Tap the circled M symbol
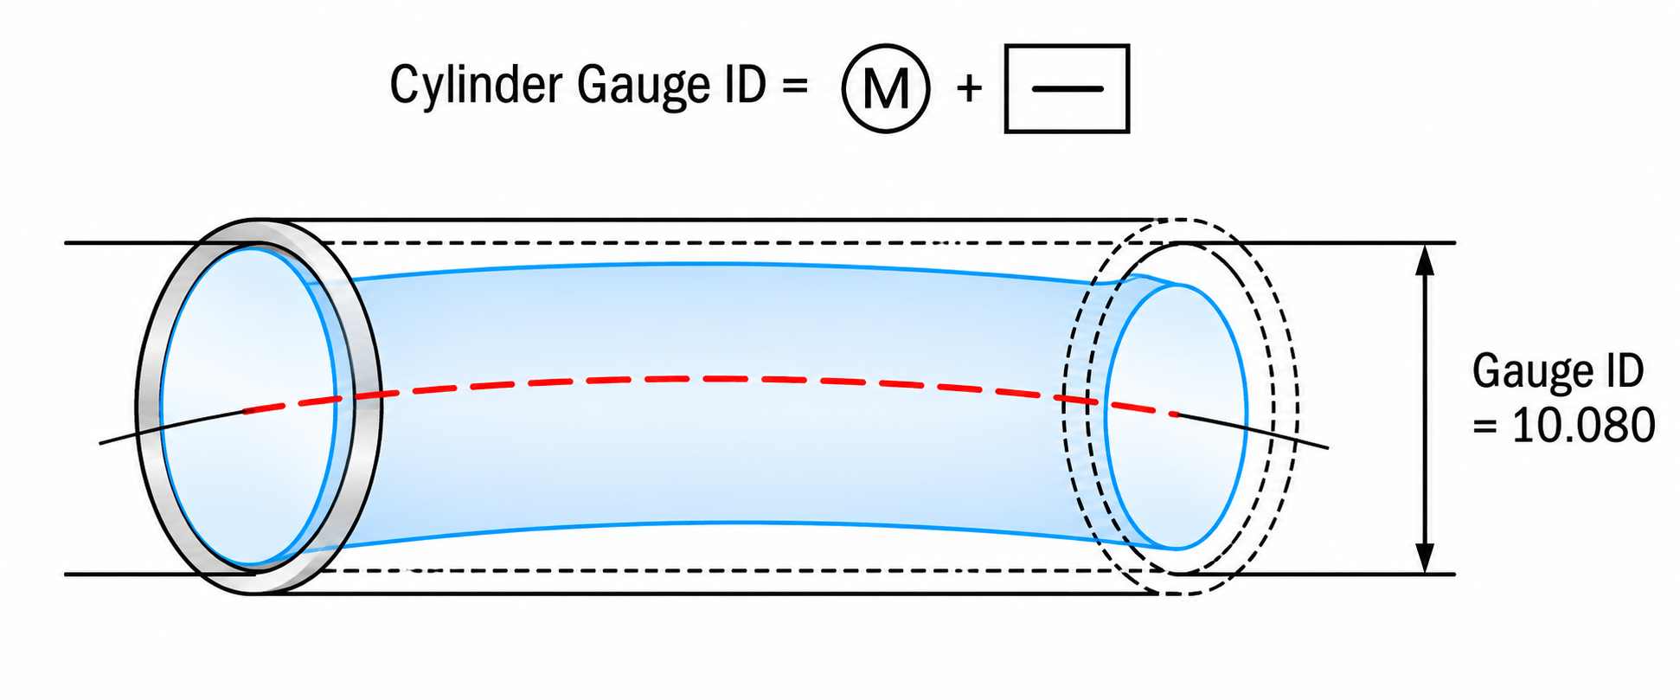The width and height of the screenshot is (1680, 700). click(x=886, y=88)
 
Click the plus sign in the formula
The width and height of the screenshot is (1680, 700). click(x=970, y=88)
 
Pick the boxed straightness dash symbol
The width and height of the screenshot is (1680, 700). click(x=1067, y=88)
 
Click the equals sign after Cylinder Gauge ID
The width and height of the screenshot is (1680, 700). click(x=793, y=85)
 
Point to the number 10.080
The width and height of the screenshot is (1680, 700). click(x=1583, y=426)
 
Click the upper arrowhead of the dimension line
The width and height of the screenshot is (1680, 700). click(x=1427, y=260)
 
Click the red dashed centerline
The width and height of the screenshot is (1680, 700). click(x=709, y=379)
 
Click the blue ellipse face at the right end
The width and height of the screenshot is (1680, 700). click(x=1177, y=417)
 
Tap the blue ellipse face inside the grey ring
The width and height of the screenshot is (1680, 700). click(x=248, y=407)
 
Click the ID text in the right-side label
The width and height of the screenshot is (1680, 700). click(x=1621, y=371)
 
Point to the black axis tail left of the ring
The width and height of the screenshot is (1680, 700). click(x=171, y=427)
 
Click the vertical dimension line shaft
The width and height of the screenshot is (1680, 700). click(x=1427, y=408)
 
